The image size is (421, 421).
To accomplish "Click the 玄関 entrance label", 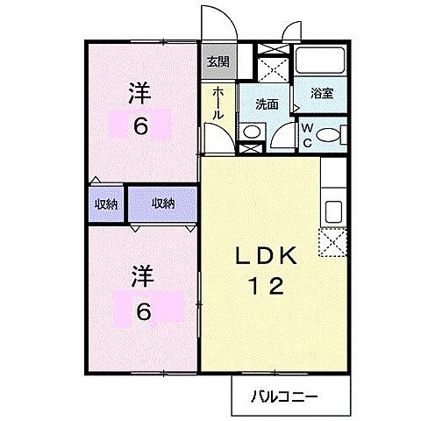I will pyautogui.click(x=217, y=61).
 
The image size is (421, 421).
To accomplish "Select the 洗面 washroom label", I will pyautogui.click(x=267, y=103).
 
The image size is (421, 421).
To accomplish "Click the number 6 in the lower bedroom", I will pyautogui.click(x=144, y=310).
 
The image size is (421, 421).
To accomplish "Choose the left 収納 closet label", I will pyautogui.click(x=106, y=203).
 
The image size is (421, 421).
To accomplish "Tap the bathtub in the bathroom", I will pyautogui.click(x=319, y=61).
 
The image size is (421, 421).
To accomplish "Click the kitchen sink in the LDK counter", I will pyautogui.click(x=334, y=210).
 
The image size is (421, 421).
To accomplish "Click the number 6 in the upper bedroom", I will pyautogui.click(x=140, y=125).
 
